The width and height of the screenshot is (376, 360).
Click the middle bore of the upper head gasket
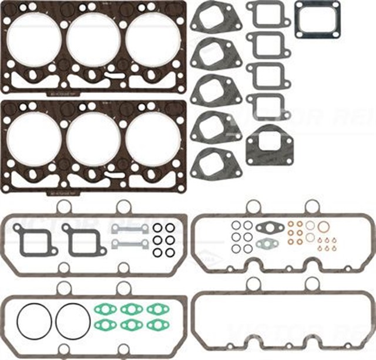point(94,39)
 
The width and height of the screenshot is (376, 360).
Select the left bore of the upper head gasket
point(35,39)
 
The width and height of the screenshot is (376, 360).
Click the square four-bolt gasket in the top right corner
point(317,19)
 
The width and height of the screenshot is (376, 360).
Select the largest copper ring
point(323,227)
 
